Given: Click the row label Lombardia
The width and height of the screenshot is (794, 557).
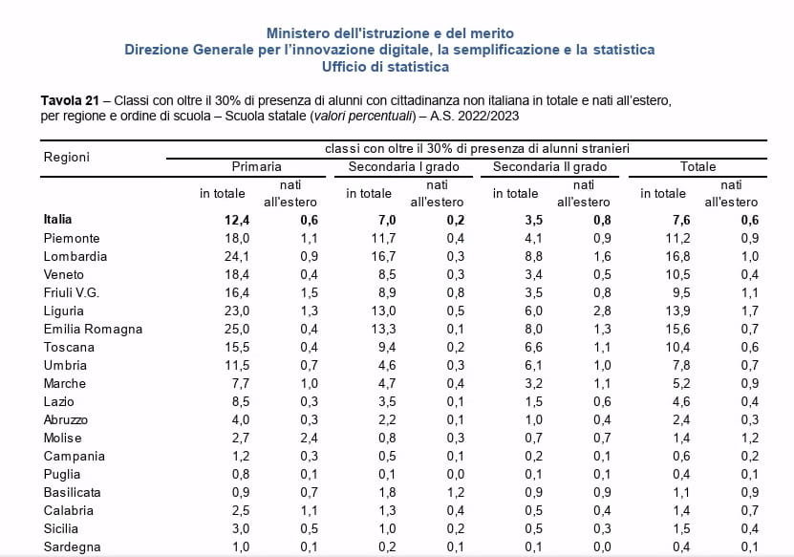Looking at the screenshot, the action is click(x=75, y=256).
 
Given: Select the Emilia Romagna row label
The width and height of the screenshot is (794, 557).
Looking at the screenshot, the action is click(x=93, y=329).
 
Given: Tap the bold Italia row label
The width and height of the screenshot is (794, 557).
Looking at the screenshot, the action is click(x=57, y=219).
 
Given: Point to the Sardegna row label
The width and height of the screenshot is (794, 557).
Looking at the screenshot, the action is click(x=72, y=546).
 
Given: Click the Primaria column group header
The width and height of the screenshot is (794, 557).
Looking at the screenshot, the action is click(x=256, y=166).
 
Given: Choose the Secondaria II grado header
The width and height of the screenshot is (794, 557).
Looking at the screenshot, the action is click(x=549, y=166).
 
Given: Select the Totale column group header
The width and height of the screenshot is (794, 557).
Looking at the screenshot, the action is click(x=697, y=166).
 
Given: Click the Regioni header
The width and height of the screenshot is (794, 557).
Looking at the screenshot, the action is click(x=66, y=157).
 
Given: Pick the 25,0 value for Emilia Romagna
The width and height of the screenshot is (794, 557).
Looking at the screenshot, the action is click(x=237, y=329).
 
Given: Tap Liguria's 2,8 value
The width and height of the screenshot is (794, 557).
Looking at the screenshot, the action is click(x=602, y=311).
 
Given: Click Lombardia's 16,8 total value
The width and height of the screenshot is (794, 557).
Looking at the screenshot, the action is click(x=677, y=256).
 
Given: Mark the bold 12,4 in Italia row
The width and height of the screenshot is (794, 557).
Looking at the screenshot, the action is click(x=237, y=220).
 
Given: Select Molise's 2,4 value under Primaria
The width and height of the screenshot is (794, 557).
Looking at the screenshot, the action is click(x=309, y=438).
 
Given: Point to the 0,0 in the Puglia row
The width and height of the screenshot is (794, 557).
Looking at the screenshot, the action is click(x=455, y=475).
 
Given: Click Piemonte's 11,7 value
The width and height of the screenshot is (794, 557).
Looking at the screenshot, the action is click(x=383, y=238).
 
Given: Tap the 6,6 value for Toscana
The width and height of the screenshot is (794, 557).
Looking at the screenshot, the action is click(x=533, y=348).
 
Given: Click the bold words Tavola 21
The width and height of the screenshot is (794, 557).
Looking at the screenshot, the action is click(x=70, y=100).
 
